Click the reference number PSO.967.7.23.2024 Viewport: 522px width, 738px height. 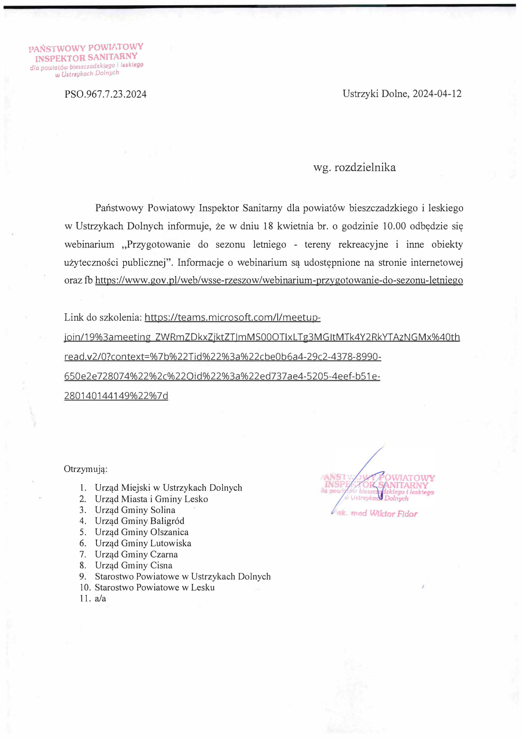tap(105, 94)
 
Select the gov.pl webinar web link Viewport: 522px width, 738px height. tap(279, 280)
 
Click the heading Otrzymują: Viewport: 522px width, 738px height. tap(85, 469)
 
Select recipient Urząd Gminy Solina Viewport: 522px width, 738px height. tap(135, 510)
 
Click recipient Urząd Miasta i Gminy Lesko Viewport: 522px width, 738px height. tap(151, 499)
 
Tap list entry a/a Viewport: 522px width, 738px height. tap(100, 598)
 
